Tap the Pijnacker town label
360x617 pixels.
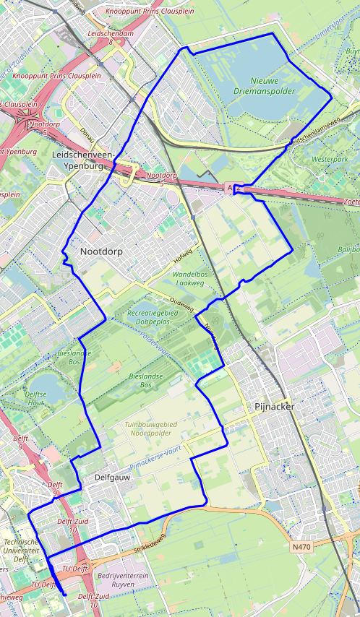coord(275,407)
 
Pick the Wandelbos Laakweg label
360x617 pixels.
coord(194,279)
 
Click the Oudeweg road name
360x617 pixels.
coord(181,303)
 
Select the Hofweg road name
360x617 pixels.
coord(182,257)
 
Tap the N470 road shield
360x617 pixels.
coord(301,548)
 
